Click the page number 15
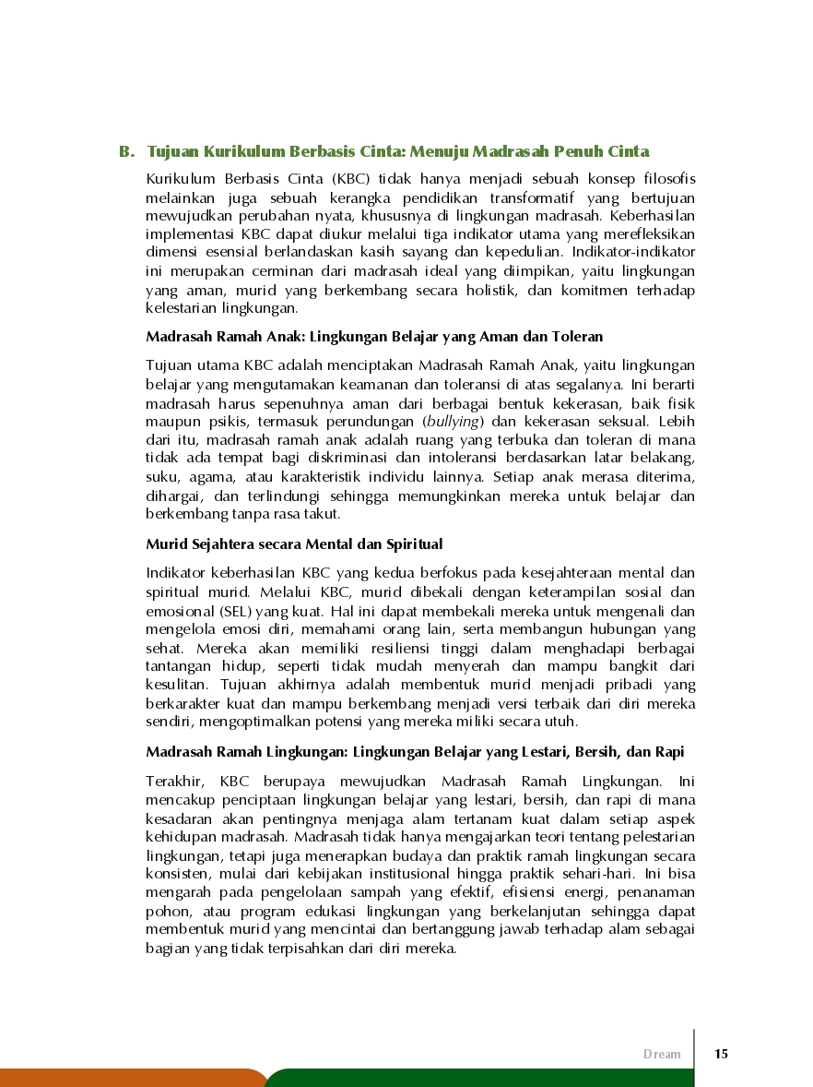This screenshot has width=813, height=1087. (x=721, y=1054)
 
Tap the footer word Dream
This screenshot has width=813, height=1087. (x=662, y=1054)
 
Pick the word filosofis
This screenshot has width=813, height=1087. (x=664, y=178)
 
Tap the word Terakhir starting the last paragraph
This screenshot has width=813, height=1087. (x=172, y=781)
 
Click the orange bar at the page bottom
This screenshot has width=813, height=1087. (x=129, y=1078)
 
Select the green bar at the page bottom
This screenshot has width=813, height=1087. (x=479, y=1078)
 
